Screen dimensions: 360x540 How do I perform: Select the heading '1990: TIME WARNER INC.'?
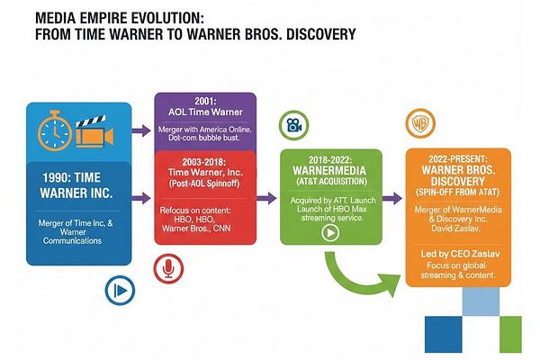coord(77,184)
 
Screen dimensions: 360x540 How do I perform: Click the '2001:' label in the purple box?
coord(204,102)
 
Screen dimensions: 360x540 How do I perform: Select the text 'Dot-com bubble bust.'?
coord(204,139)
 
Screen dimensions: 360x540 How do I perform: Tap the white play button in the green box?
coord(330,230)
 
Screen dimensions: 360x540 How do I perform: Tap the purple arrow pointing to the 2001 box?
coord(140,130)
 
